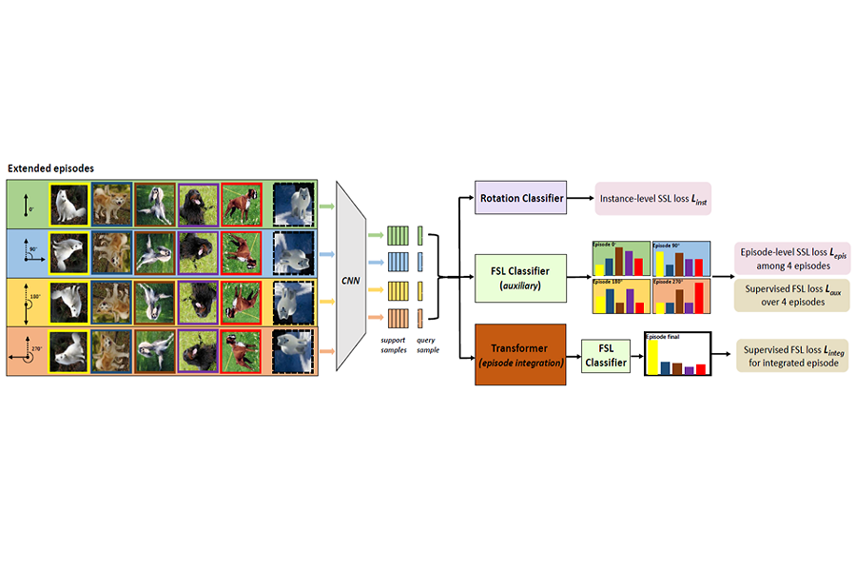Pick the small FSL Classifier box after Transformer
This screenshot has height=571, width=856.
[x=605, y=355]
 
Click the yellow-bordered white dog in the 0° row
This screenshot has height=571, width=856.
[x=68, y=204]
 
